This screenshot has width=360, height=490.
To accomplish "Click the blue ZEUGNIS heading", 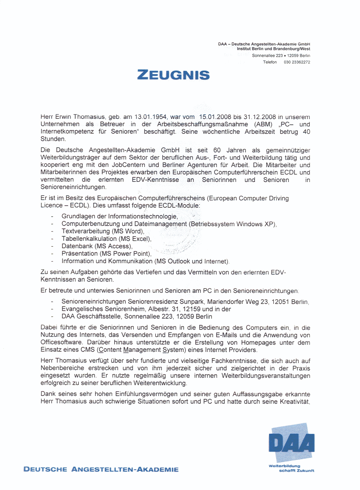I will [173, 75].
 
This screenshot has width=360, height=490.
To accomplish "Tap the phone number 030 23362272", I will [297, 62].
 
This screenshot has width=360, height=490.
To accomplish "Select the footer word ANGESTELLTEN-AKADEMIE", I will [125, 470].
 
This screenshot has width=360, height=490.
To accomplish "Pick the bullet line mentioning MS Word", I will [103, 231].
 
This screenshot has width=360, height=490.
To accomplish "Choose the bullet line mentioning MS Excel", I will [106, 239].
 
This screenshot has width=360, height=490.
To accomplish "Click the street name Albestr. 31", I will [163, 309].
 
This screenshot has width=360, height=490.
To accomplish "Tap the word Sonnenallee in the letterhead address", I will [263, 56].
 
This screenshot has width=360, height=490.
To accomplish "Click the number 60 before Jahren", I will [217, 150].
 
